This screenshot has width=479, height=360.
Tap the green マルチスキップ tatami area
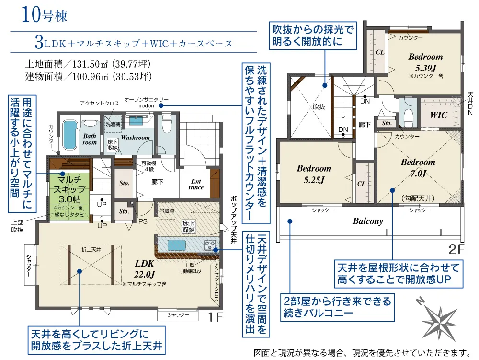70,193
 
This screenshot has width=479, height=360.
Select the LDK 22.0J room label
145,268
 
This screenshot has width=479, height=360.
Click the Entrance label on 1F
196,184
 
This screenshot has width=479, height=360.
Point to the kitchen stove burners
210,244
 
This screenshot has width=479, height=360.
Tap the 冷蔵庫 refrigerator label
167,210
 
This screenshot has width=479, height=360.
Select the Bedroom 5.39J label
425,62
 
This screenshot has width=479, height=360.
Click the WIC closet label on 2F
439,115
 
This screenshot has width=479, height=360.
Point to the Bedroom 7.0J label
418,168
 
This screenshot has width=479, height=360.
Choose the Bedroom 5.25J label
314,174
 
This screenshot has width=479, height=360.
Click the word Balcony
368,221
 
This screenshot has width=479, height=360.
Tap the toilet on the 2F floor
408,114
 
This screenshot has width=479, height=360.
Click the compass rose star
440,321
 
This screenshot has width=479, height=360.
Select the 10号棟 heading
44,15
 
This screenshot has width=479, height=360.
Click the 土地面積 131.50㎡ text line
88,64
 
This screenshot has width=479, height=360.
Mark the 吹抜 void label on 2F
319,106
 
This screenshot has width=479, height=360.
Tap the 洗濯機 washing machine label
113,124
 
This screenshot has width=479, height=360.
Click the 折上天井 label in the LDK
91,250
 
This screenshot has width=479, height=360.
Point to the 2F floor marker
456,249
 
